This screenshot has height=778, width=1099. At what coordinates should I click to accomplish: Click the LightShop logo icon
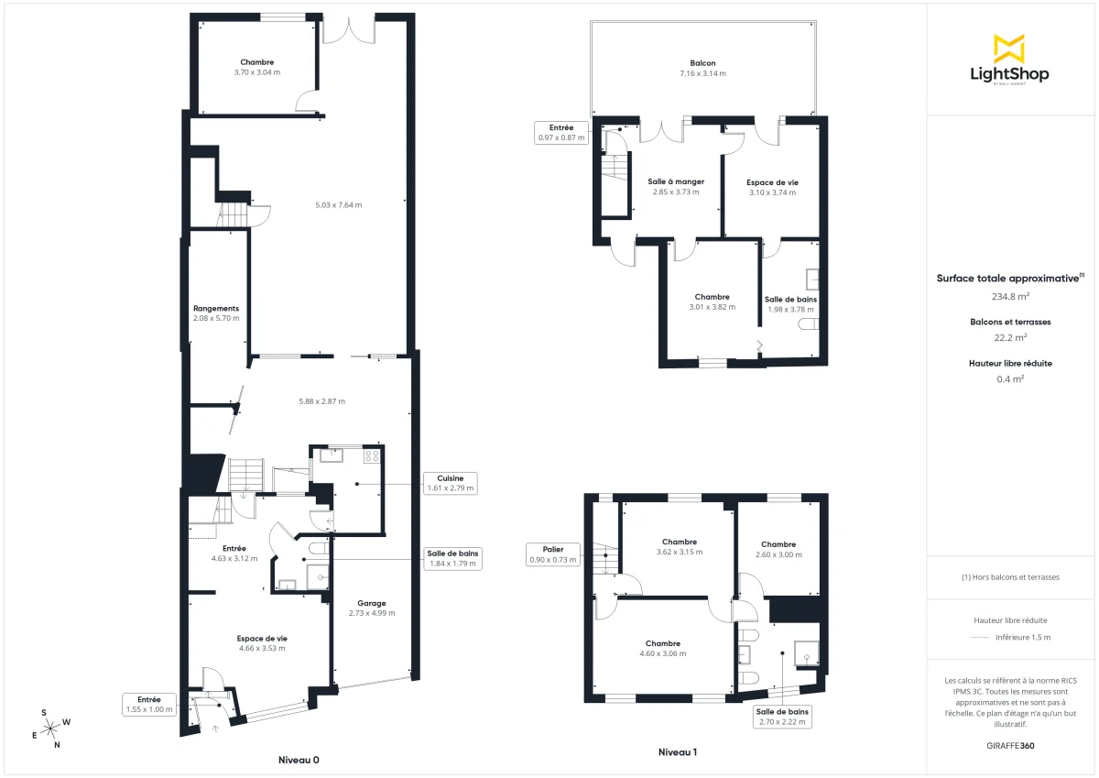coord(1009,49)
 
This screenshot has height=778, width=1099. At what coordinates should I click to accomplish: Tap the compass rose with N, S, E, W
coord(51,728)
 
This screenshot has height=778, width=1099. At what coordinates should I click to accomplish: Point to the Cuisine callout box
coord(450,483)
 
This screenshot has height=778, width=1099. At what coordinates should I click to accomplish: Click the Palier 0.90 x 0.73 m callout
coord(553,553)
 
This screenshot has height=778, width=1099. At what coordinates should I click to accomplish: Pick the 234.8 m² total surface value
coord(1010,296)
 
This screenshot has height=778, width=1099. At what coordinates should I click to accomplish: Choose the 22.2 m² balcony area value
coord(1010,337)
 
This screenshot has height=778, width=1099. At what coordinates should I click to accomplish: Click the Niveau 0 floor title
coord(299,760)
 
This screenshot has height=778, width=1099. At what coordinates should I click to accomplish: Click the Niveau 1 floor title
coord(678,752)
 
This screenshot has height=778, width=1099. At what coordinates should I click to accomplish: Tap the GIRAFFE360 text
coord(1010,745)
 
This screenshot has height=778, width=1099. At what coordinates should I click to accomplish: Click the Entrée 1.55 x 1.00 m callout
coord(148,704)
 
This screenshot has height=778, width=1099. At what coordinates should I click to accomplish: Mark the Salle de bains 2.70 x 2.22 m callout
coord(781,717)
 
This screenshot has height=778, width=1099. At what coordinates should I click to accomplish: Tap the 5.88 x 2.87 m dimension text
coord(321,401)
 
